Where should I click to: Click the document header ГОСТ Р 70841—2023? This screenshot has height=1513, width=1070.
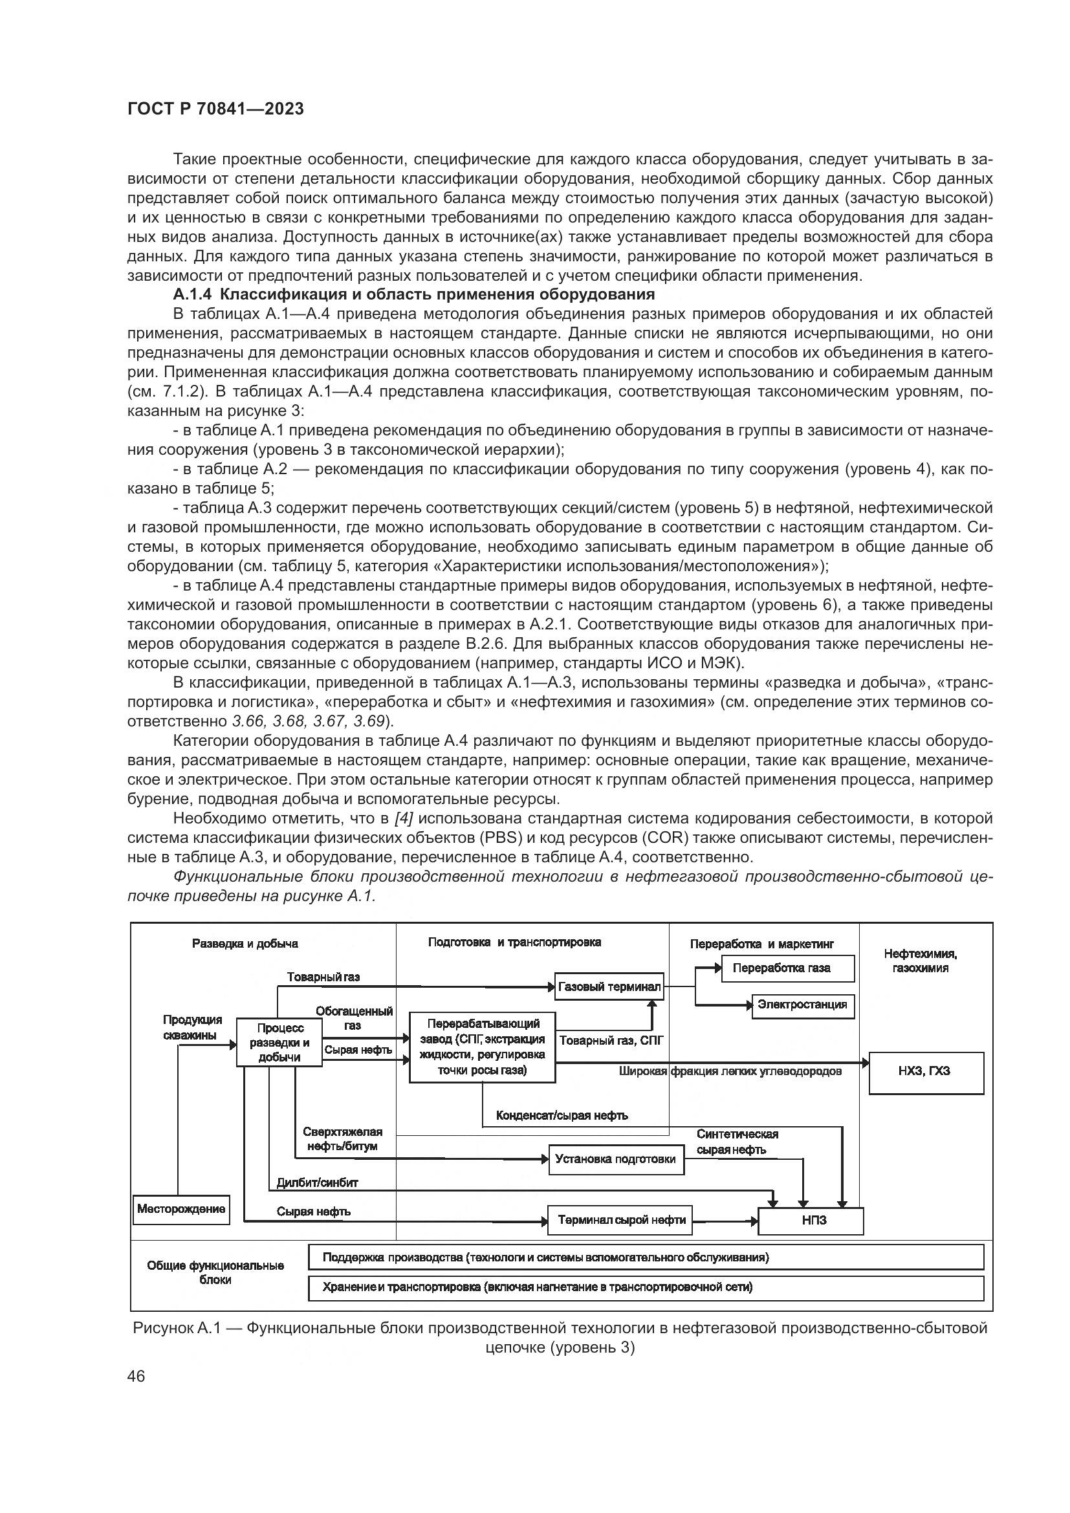click(x=215, y=109)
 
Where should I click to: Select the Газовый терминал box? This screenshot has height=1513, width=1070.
click(x=609, y=987)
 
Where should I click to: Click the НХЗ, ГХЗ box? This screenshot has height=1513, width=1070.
click(x=926, y=1071)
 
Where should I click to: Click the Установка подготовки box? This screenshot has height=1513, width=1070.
click(x=616, y=1159)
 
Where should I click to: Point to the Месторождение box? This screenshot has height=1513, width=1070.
click(x=181, y=1208)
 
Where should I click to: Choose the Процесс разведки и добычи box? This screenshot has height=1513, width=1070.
click(x=279, y=1043)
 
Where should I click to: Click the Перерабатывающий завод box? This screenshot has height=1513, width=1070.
click(x=483, y=1047)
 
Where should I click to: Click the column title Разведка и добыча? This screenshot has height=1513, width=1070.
click(x=245, y=944)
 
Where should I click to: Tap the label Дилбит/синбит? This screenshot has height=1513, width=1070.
click(x=318, y=1182)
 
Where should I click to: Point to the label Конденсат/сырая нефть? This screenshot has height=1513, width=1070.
click(x=562, y=1116)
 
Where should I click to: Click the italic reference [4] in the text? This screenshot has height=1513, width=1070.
click(x=403, y=818)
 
